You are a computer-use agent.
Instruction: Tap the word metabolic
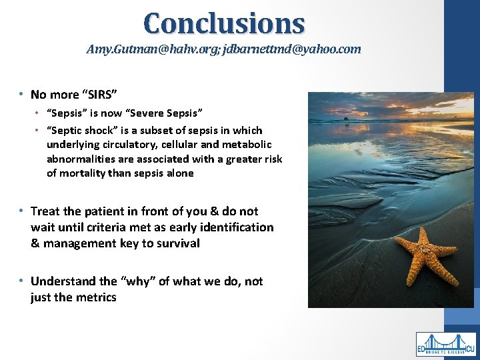246,145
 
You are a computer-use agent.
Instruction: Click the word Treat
45,211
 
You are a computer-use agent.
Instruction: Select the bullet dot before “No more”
22,95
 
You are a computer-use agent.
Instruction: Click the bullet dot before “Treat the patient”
22,211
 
